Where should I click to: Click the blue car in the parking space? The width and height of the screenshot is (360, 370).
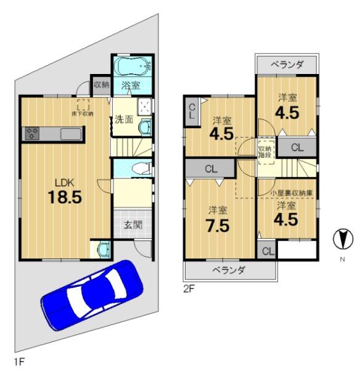click(92, 295)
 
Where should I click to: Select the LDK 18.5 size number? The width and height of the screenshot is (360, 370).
click(65, 197)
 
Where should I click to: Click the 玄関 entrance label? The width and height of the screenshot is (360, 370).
click(133, 225)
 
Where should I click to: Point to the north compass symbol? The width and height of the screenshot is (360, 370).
click(343, 239)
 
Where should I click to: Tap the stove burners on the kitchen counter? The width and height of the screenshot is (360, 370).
click(32, 133)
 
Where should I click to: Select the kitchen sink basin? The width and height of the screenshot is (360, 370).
click(71, 134)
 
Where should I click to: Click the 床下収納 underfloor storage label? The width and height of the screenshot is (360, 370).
click(83, 113)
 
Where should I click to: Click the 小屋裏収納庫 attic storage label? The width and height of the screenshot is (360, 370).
click(292, 193)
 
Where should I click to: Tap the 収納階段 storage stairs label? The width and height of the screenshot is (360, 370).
click(266, 152)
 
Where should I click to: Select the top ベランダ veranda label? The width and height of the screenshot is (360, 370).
click(287, 64)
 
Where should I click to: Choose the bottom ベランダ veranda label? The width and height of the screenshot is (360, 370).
click(229, 270)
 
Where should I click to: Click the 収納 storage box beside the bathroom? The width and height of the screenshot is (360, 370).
click(102, 85)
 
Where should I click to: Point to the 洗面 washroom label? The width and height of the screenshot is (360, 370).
click(124, 120)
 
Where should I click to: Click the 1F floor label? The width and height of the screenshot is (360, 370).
click(19, 362)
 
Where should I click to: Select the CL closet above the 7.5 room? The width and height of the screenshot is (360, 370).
click(211, 168)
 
